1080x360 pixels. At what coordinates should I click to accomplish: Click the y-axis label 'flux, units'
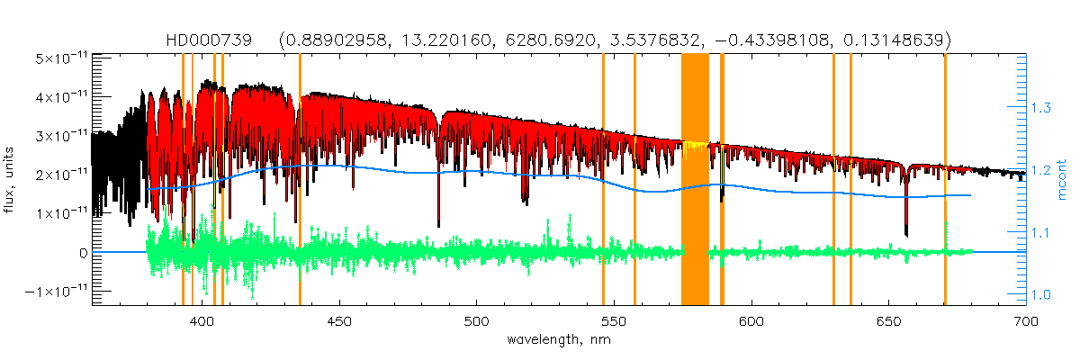pyautogui.click(x=12, y=180)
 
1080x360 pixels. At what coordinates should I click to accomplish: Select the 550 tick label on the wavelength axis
pyautogui.click(x=614, y=320)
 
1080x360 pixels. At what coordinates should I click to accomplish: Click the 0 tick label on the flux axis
pyautogui.click(x=82, y=253)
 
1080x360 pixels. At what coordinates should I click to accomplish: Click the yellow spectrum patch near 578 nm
pyautogui.click(x=693, y=146)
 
